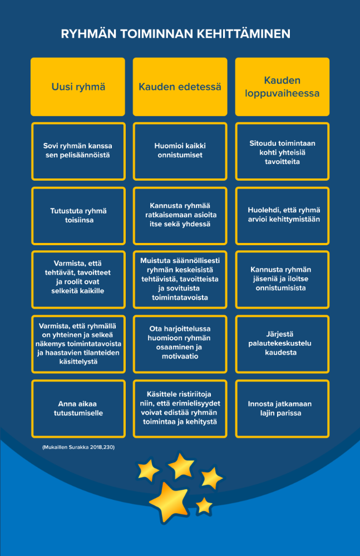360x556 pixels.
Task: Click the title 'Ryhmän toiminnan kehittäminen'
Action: (176, 34)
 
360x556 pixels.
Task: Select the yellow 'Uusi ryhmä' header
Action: (78, 87)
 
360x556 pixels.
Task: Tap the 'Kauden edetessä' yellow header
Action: (180, 87)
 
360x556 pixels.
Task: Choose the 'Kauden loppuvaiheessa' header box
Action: (282, 87)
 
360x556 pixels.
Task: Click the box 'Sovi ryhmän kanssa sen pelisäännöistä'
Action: (78, 151)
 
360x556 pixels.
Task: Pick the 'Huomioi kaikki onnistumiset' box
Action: (180, 151)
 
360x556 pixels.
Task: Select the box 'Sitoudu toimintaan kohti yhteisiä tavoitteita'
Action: (282, 151)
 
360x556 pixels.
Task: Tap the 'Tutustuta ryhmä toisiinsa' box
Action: (78, 216)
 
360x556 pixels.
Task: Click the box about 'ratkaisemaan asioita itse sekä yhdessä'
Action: (180, 216)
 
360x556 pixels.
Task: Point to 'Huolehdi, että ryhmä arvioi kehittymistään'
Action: (282, 216)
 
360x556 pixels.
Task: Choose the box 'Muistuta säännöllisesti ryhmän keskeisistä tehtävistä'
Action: (180, 280)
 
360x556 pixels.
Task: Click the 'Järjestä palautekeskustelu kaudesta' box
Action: (282, 344)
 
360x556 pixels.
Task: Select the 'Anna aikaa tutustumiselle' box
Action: (78, 409)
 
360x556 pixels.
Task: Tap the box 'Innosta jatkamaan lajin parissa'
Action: (282, 409)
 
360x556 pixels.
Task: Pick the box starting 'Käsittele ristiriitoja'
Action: (180, 409)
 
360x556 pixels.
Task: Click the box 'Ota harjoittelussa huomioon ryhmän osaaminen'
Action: (180, 344)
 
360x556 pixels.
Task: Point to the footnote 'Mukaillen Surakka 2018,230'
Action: (78, 447)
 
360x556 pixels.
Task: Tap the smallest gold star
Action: (204, 505)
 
